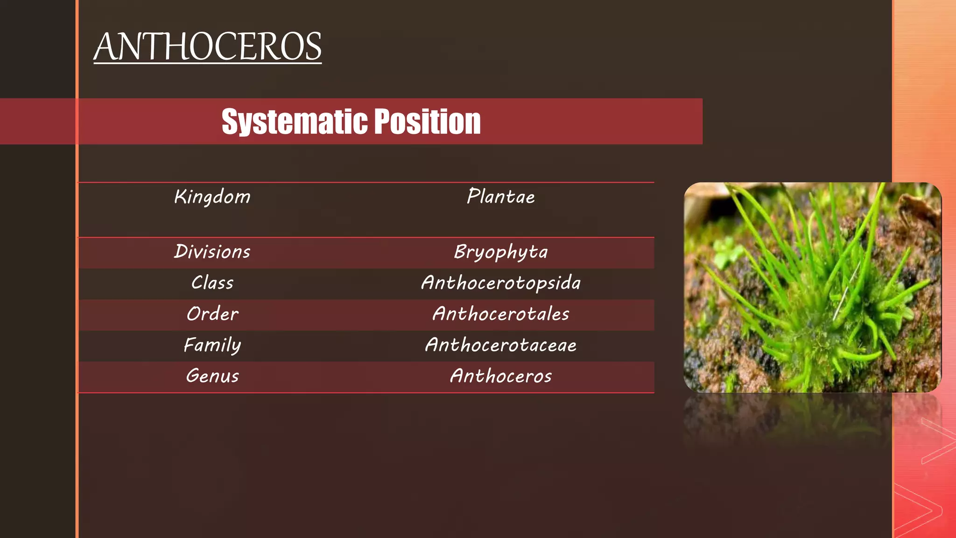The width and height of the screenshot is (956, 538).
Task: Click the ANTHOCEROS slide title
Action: point(207,47)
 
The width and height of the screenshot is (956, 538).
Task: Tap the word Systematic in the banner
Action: point(294,121)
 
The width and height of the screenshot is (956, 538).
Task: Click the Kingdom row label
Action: point(212,197)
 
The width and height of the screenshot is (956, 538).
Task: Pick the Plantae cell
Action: point(501,197)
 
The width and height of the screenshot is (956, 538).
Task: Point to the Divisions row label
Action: point(212,252)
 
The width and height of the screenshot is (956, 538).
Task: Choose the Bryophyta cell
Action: point(501,252)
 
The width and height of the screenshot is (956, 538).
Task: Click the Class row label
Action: point(212,283)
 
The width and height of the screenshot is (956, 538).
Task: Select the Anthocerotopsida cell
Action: point(501,283)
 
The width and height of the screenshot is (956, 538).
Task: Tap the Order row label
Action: point(212,314)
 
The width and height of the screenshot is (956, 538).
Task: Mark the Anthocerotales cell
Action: point(501,314)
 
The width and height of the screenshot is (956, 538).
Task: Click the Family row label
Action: point(212,345)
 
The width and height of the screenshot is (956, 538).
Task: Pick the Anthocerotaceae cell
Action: point(501,345)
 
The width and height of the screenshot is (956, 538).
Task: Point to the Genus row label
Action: point(212,376)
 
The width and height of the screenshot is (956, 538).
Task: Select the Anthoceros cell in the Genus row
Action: point(501,376)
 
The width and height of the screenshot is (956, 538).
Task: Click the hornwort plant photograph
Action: point(812,287)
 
